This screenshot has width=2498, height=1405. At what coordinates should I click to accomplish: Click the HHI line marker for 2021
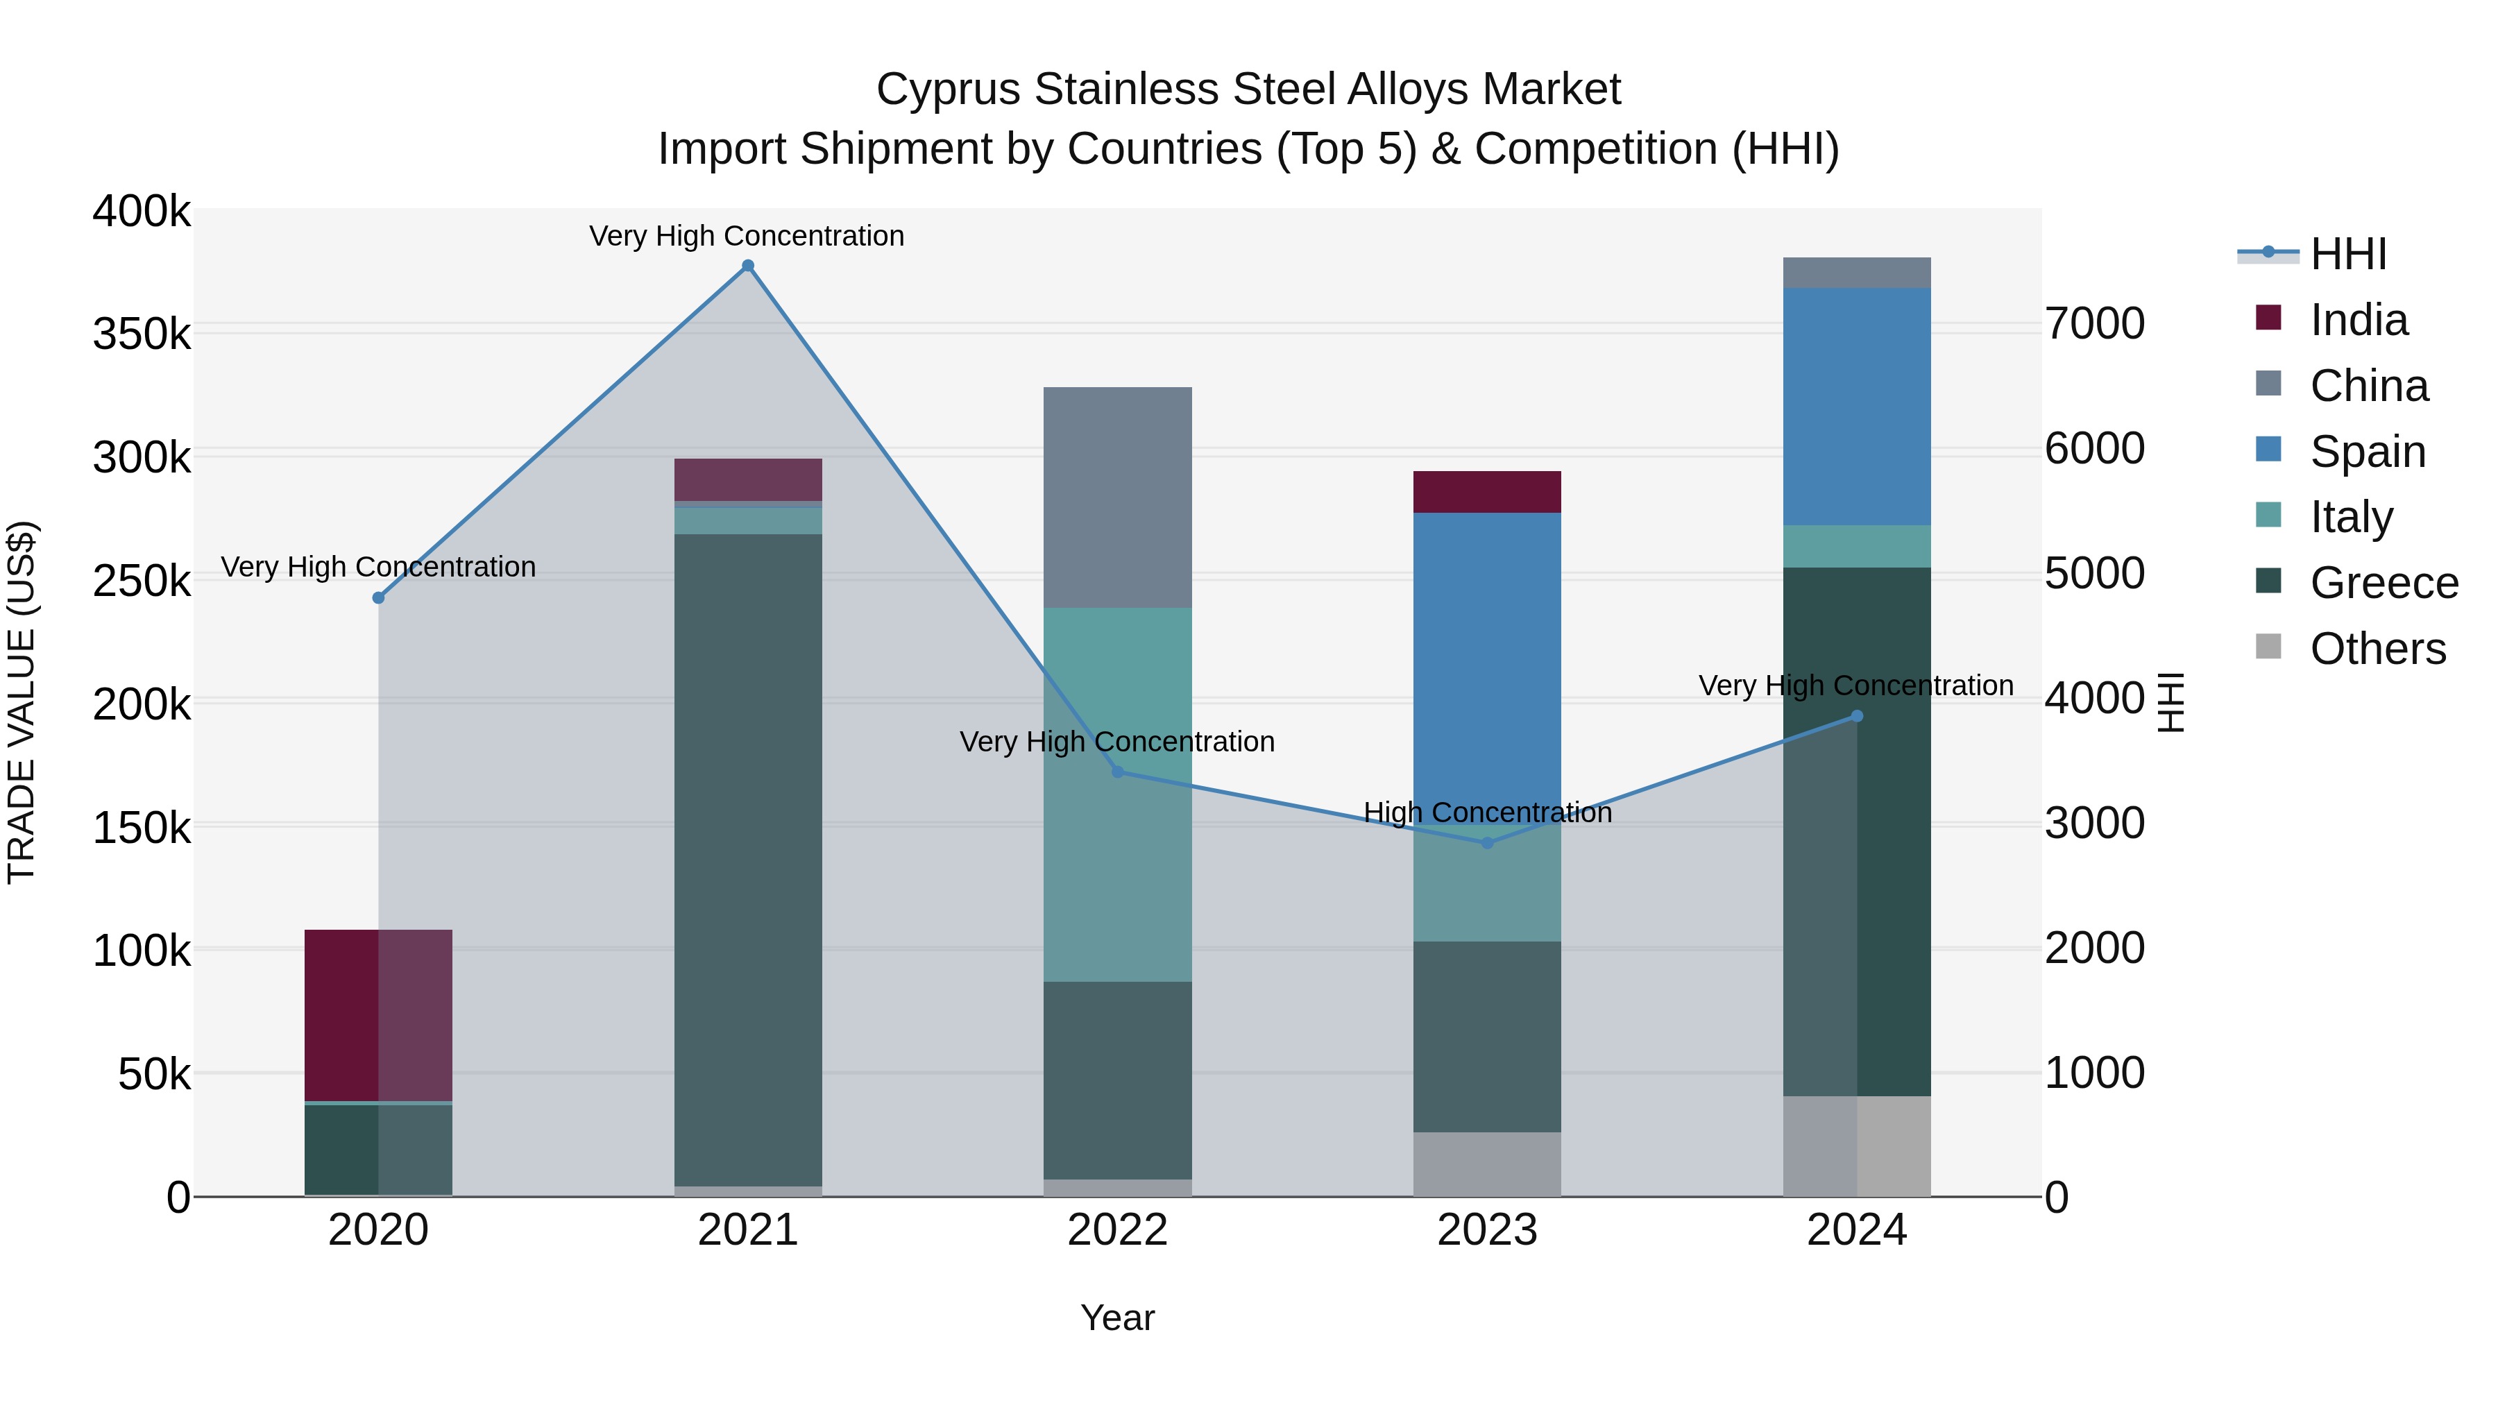(747, 266)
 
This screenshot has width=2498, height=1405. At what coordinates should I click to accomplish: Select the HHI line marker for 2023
(1488, 842)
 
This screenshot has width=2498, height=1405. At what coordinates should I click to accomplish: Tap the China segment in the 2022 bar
(1117, 497)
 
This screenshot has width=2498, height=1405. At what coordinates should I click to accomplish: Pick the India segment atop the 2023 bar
(1488, 492)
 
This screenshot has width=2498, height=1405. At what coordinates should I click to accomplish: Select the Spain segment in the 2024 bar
(1857, 407)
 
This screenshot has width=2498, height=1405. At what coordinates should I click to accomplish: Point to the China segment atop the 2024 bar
(1857, 273)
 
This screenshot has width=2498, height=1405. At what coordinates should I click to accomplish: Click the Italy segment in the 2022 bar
(1117, 794)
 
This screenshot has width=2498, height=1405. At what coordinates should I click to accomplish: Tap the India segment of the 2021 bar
(747, 479)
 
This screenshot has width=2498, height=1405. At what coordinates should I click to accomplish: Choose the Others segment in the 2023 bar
(1488, 1164)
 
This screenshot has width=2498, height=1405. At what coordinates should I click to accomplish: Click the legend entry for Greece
(2384, 583)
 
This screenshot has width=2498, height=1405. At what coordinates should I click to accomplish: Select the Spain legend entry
(2367, 452)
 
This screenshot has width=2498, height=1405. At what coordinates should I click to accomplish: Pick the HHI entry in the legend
(2347, 254)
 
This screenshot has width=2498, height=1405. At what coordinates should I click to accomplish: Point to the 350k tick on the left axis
(142, 334)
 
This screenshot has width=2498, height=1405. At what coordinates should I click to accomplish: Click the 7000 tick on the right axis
(2095, 324)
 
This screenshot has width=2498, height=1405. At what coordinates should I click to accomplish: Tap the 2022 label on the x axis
(1117, 1230)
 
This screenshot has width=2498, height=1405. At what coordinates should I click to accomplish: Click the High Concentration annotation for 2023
(1488, 812)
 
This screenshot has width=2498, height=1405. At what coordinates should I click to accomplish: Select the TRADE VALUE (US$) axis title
(22, 702)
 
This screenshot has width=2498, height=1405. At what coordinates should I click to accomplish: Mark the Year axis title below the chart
(1117, 1318)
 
